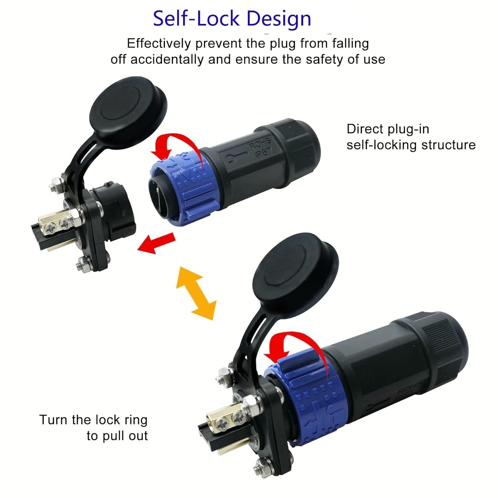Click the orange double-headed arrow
coord(196,292)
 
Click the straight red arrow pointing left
coord(156,243)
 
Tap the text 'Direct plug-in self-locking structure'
coord(411,137)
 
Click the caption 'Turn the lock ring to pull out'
coord(94,428)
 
